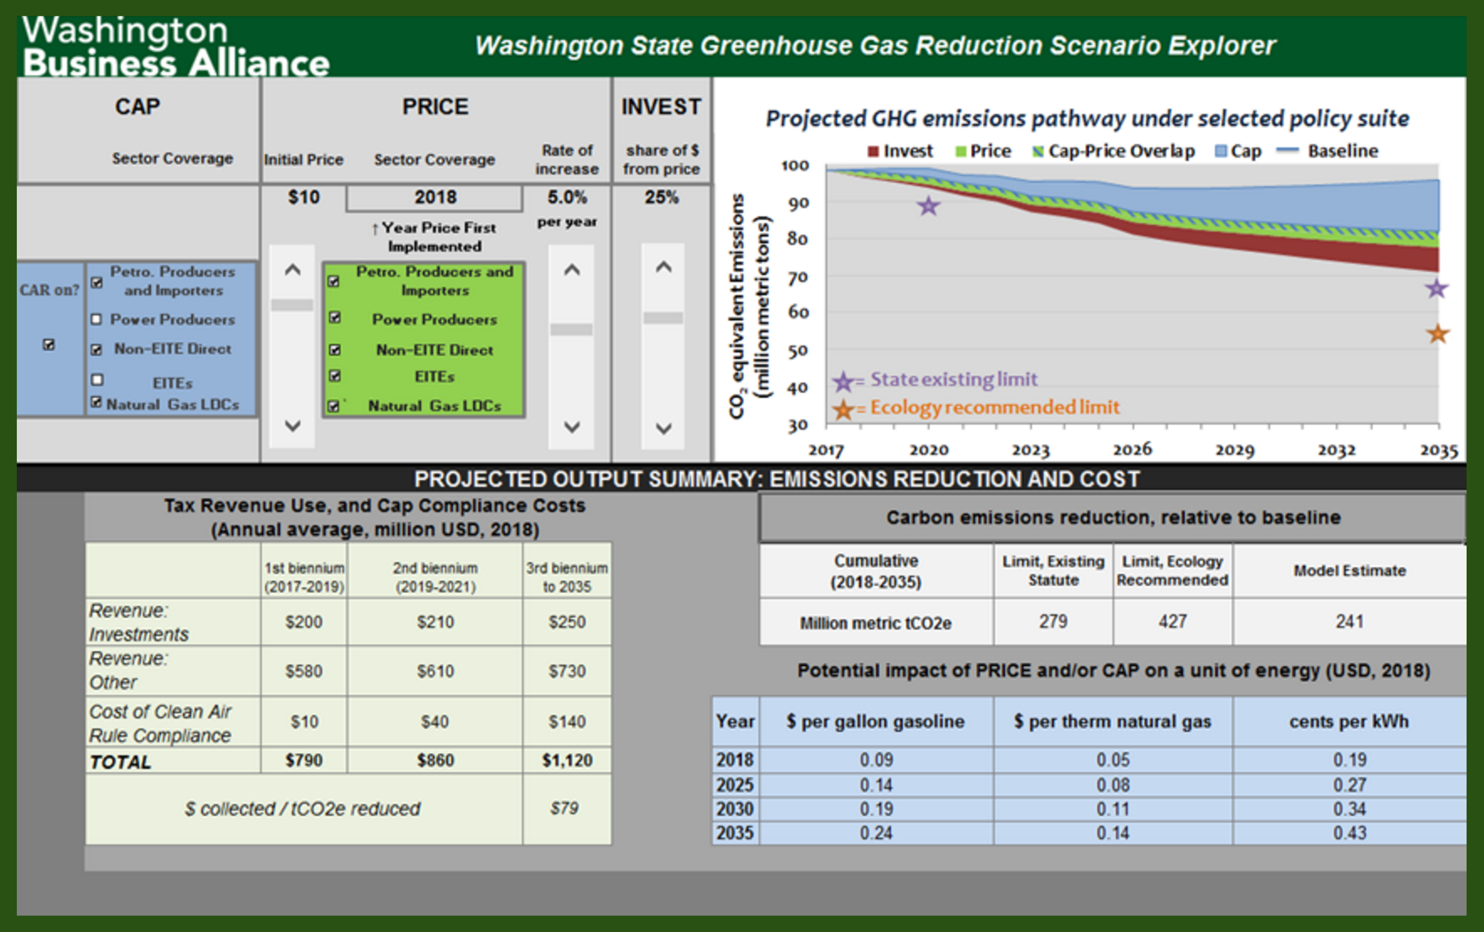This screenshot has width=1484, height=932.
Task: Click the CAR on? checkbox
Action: [x=49, y=344]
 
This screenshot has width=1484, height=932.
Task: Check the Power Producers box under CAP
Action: [x=96, y=319]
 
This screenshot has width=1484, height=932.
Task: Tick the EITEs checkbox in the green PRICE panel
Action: [x=335, y=376]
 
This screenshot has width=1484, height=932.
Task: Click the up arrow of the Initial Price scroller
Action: [x=292, y=269]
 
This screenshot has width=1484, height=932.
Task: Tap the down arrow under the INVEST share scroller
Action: [x=664, y=428]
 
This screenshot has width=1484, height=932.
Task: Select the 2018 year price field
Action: [x=434, y=198]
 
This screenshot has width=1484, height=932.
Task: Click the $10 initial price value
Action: [x=304, y=197]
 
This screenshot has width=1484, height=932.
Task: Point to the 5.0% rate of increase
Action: [x=567, y=197]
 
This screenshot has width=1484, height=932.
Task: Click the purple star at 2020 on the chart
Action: [x=928, y=206]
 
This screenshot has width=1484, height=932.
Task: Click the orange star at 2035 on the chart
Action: [x=1438, y=334]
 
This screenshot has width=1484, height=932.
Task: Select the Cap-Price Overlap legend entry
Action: [x=1114, y=151]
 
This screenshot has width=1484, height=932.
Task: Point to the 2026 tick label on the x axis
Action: [x=1132, y=449]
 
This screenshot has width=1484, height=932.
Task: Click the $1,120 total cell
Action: [x=567, y=760]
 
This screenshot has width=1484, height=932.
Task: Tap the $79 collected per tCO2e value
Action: [x=565, y=808]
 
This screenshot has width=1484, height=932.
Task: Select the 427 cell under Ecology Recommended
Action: [x=1172, y=621]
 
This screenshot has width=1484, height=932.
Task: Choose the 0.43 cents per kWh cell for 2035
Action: [x=1349, y=833]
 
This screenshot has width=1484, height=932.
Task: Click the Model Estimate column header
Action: [x=1349, y=571]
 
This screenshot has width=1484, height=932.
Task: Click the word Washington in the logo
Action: [x=125, y=31]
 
